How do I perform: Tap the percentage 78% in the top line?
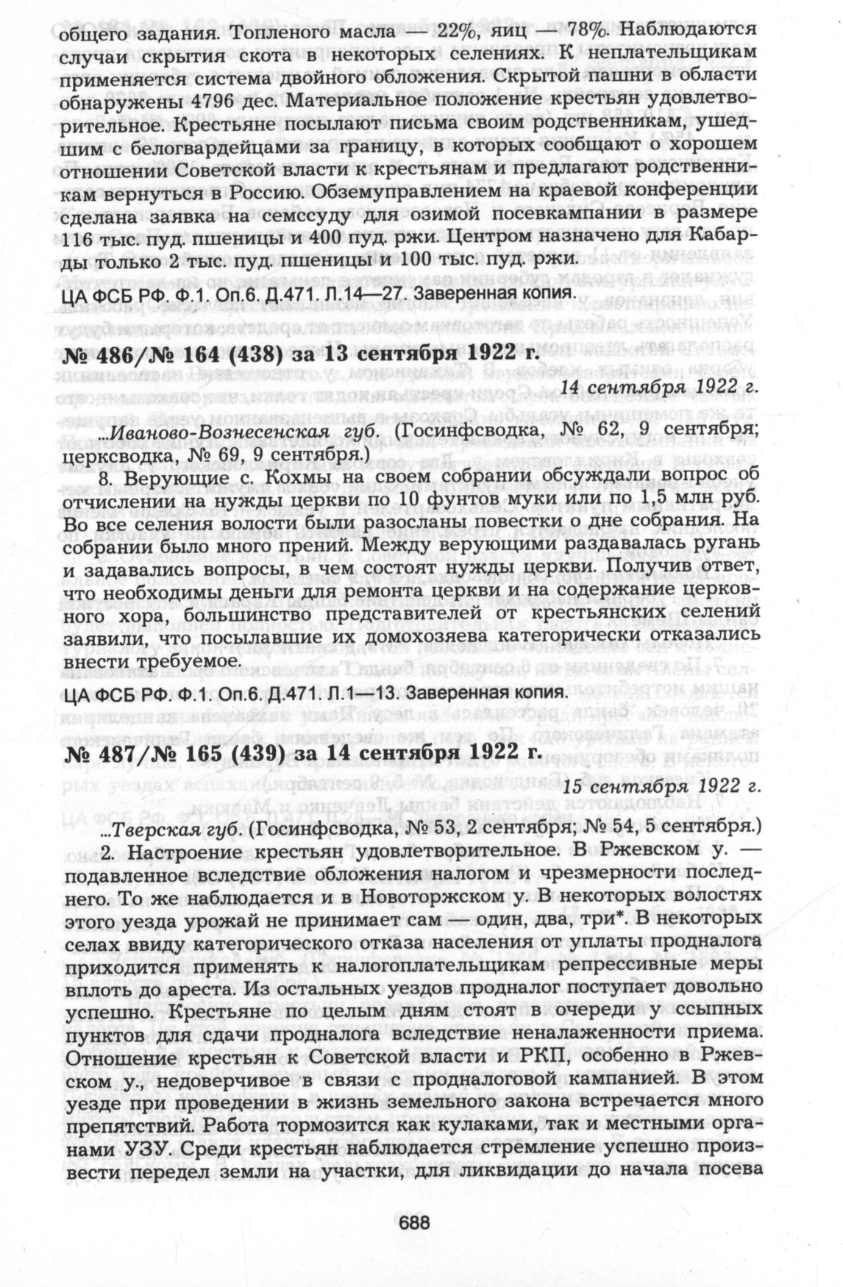tap(571, 32)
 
